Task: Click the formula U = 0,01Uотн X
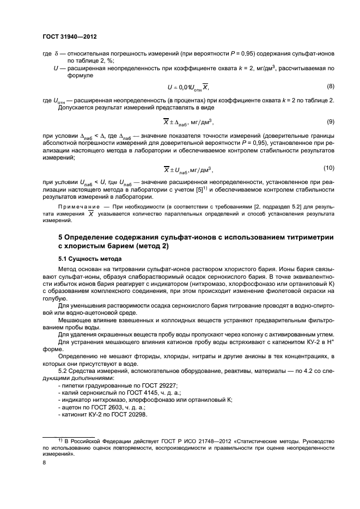[x=187, y=88]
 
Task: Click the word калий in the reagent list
[x=69, y=393]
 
